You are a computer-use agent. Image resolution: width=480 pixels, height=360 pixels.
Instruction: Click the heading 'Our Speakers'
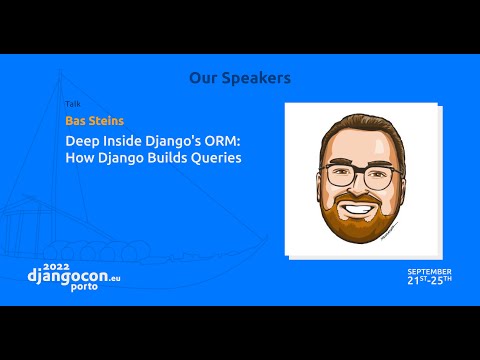[240, 77]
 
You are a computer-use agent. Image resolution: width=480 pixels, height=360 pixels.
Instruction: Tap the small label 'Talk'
[72, 104]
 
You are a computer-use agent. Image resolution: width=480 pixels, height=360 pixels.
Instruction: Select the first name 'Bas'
[77, 121]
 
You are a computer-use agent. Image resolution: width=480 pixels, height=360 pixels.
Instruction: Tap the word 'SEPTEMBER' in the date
[429, 271]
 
